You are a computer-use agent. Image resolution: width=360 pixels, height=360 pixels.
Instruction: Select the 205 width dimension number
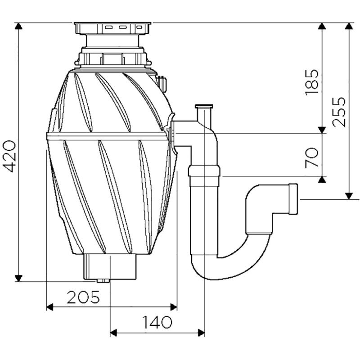tap(83, 297)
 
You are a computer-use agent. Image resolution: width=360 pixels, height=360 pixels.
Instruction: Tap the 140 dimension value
tap(157, 322)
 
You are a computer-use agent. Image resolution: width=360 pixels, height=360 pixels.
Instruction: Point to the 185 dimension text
tap(311, 82)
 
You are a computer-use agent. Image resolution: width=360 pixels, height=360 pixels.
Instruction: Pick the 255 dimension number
tap(339, 112)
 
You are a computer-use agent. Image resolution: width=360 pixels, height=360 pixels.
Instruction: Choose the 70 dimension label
tap(311, 157)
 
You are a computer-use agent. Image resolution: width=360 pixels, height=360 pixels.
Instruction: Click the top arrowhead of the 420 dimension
tap(18, 26)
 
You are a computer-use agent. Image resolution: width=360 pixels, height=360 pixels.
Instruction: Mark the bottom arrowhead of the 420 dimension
tap(18, 278)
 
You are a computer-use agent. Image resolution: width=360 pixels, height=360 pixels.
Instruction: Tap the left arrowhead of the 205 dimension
tap(50, 307)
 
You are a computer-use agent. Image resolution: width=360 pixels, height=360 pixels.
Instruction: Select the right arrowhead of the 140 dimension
tap(201, 333)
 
